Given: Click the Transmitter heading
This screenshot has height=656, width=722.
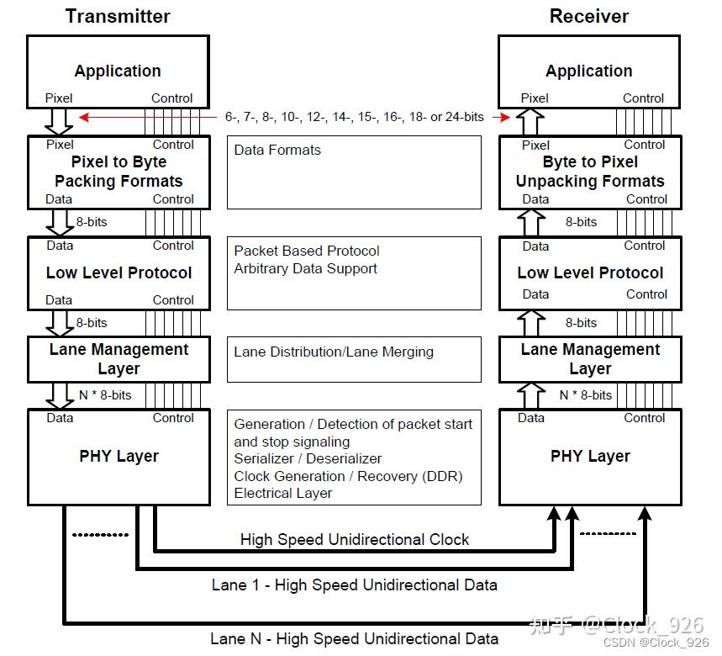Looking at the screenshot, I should pyautogui.click(x=118, y=16).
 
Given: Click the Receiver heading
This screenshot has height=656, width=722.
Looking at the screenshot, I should pyautogui.click(x=588, y=16).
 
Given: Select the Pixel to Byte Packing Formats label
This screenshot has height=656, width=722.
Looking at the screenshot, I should pyautogui.click(x=119, y=172).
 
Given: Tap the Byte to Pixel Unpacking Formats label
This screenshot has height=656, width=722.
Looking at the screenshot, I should pyautogui.click(x=590, y=172).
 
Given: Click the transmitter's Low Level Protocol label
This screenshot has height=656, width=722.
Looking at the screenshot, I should pyautogui.click(x=119, y=272).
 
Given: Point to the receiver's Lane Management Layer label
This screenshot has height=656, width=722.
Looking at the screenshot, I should pyautogui.click(x=590, y=359).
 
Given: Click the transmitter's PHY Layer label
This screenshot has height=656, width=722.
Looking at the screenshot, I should pyautogui.click(x=119, y=456).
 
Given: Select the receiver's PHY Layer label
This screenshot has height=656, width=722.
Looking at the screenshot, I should pyautogui.click(x=590, y=456).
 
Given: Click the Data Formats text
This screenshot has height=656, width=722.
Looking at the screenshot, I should pyautogui.click(x=277, y=150).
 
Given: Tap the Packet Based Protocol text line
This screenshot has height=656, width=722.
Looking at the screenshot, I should pyautogui.click(x=307, y=251).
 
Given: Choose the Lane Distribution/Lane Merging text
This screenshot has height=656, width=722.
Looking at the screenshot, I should pyautogui.click(x=334, y=352).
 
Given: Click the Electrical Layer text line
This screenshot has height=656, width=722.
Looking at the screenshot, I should pyautogui.click(x=283, y=494).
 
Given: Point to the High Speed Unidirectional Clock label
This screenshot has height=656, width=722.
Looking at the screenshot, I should pyautogui.click(x=355, y=539).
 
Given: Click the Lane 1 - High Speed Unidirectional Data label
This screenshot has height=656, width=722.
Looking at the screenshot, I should pyautogui.click(x=354, y=585).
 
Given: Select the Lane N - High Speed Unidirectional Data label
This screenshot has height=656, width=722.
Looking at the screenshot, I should pyautogui.click(x=354, y=638).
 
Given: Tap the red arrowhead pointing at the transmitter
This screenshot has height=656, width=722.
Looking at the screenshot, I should pyautogui.click(x=83, y=117).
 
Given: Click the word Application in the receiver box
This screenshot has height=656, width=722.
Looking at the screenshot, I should pyautogui.click(x=588, y=71).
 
